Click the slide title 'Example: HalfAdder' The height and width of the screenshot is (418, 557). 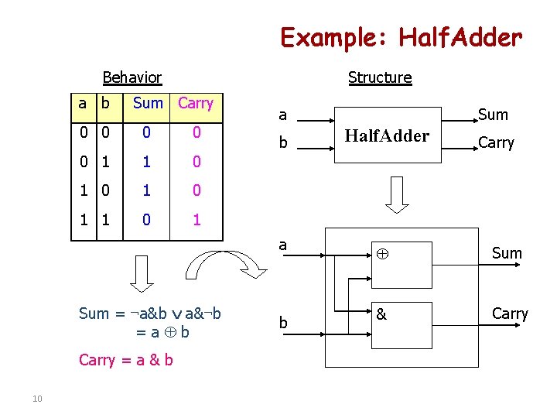click(401, 36)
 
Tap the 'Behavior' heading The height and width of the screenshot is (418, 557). click(132, 77)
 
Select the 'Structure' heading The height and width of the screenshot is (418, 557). click(380, 77)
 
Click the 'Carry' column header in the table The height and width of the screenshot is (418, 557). click(196, 103)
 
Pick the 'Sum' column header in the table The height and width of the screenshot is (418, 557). click(148, 103)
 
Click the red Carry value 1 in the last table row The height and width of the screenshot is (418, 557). click(196, 220)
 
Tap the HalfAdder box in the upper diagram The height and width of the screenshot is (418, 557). click(387, 136)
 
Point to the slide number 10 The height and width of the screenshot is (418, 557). click(37, 399)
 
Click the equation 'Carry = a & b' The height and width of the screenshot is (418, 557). click(126, 360)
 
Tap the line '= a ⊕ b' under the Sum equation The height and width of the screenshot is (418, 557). click(162, 332)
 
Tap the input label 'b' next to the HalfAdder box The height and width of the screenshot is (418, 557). click(283, 144)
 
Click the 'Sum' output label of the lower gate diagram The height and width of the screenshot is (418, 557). click(507, 253)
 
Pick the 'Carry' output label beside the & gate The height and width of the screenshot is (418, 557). click(509, 313)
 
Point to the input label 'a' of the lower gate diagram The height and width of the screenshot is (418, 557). click(283, 245)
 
